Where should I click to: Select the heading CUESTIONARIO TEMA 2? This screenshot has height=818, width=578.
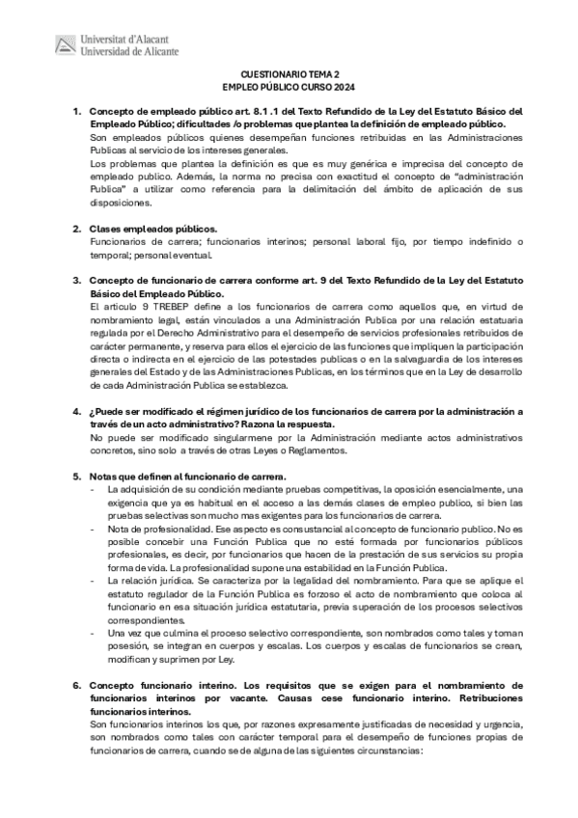(x=289, y=73)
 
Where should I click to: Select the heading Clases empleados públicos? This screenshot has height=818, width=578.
(x=147, y=228)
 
